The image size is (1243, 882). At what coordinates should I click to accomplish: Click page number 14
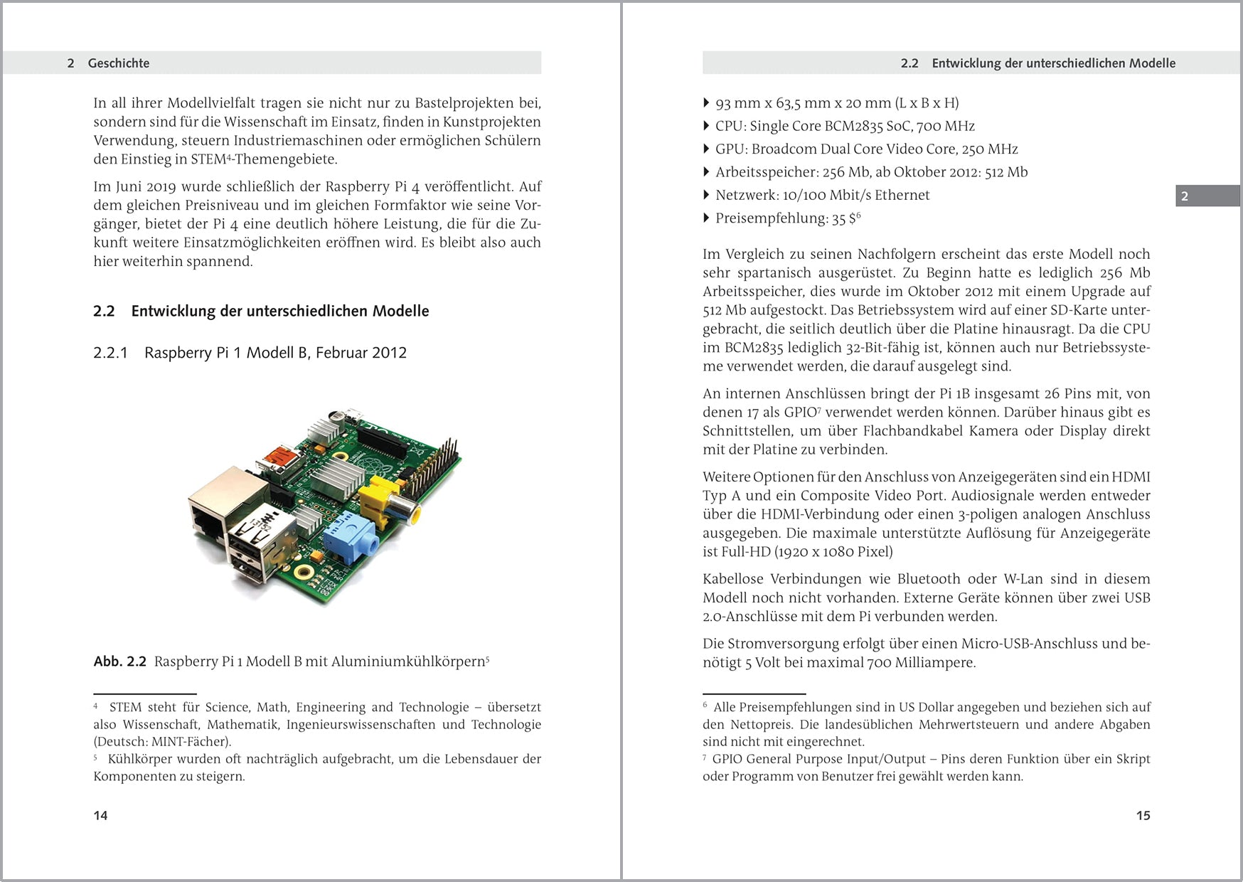point(100,815)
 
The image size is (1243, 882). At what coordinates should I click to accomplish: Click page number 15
point(1143,815)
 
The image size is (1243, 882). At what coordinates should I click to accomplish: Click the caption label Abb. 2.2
point(119,661)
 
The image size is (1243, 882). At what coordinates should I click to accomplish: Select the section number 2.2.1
point(110,353)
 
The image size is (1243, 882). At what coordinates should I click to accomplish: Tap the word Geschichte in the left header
point(119,63)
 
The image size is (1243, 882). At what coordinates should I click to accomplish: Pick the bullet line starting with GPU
point(866,149)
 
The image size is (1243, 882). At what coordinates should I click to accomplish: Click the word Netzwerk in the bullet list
point(746,195)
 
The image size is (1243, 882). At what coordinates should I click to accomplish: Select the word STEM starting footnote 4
point(125,707)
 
